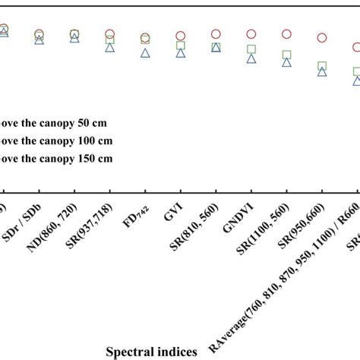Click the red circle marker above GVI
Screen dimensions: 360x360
(x=181, y=36)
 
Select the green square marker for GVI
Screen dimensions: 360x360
(x=181, y=46)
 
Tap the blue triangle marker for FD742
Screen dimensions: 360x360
(x=145, y=53)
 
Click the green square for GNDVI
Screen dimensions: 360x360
(x=251, y=49)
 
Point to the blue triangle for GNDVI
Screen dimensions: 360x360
(x=251, y=58)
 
